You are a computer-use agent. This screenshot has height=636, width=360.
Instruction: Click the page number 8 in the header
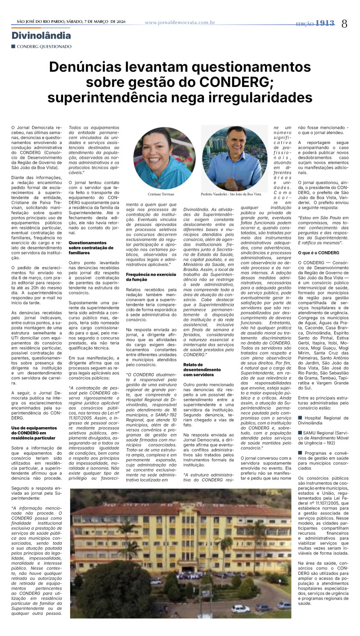click(344, 24)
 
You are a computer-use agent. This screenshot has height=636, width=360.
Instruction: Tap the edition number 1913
click(325, 23)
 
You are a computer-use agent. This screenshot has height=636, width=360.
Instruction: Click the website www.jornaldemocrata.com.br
click(180, 22)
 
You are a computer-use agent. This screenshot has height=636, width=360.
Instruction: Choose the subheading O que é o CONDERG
click(318, 253)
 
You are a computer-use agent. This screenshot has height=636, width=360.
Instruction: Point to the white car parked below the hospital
click(240, 609)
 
